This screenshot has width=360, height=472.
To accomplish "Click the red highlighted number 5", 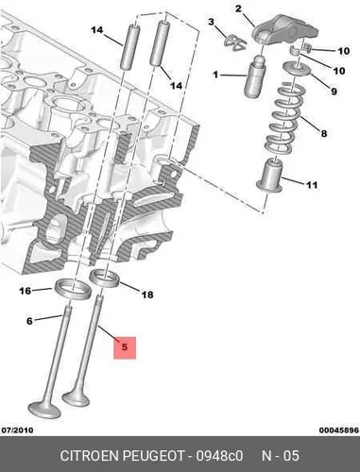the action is (x=125, y=347).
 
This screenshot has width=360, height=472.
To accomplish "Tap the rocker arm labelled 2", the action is (x=285, y=29).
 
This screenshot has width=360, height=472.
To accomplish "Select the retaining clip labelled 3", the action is (x=235, y=42).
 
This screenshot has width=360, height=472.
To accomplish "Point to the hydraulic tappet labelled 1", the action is (x=255, y=76).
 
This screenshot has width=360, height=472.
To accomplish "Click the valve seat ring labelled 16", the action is (x=74, y=289).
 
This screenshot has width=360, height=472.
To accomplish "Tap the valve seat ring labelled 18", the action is (x=105, y=278).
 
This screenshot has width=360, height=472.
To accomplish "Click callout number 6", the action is (x=29, y=321).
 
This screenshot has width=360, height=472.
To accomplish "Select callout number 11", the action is (x=312, y=185).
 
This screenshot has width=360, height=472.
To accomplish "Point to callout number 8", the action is (x=324, y=133).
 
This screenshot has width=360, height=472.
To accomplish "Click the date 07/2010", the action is (x=17, y=430).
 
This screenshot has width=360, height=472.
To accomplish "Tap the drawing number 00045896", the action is (x=339, y=430).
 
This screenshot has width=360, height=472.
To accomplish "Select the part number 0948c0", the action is (x=219, y=456).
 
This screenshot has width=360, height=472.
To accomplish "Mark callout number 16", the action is (x=26, y=291).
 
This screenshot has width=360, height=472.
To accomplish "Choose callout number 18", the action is (x=147, y=295).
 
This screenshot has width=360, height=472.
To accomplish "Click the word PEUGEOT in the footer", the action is (x=153, y=456).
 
